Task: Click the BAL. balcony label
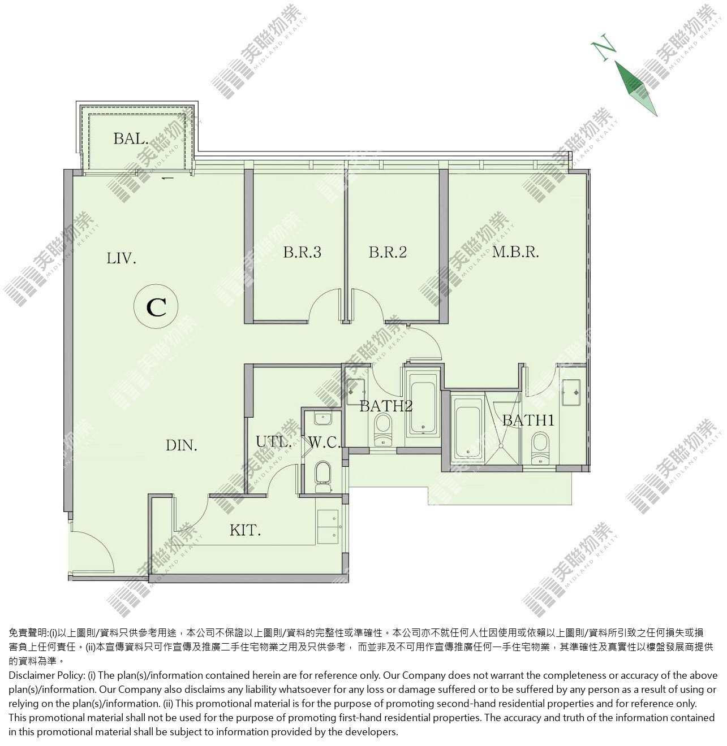pyautogui.click(x=131, y=138)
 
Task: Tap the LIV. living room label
pyautogui.click(x=121, y=258)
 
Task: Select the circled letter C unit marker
pyautogui.click(x=156, y=306)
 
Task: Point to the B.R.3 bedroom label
pyautogui.click(x=302, y=252)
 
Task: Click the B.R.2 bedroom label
pyautogui.click(x=388, y=252)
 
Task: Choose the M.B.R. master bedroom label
pyautogui.click(x=515, y=252)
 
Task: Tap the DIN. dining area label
pyautogui.click(x=181, y=445)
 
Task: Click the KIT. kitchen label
pyautogui.click(x=246, y=531)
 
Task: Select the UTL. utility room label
pyautogui.click(x=273, y=442)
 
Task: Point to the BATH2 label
pyautogui.click(x=386, y=406)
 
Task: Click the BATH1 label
pyautogui.click(x=528, y=420)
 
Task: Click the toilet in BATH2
pyautogui.click(x=382, y=430)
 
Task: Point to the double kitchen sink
pyautogui.click(x=328, y=527)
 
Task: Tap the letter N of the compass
pyautogui.click(x=604, y=47)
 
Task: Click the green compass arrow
pyautogui.click(x=636, y=88)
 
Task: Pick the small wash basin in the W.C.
pyautogui.click(x=323, y=419)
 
